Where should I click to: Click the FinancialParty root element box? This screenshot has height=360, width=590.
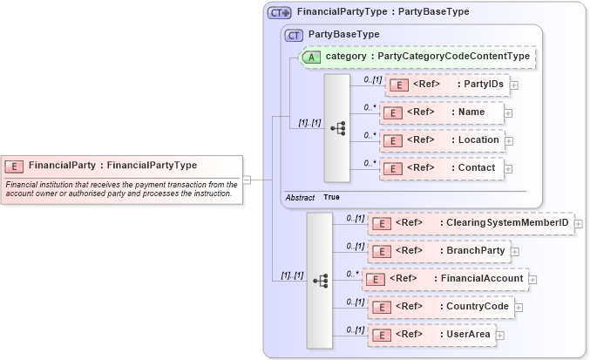pyautogui.click(x=121, y=165)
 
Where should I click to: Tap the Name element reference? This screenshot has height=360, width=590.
pyautogui.click(x=442, y=112)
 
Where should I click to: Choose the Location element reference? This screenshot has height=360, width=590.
pyautogui.click(x=442, y=139)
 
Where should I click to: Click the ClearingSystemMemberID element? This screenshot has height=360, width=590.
pyautogui.click(x=471, y=223)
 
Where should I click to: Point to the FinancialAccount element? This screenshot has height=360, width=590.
pyautogui.click(x=444, y=279)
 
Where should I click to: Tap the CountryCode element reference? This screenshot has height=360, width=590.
pyautogui.click(x=440, y=307)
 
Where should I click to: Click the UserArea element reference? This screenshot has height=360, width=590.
pyautogui.click(x=432, y=334)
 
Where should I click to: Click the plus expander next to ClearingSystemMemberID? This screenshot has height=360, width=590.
pyautogui.click(x=579, y=224)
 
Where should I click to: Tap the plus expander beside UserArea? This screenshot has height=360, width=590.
pyautogui.click(x=500, y=335)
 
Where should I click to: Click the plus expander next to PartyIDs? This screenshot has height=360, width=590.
pyautogui.click(x=514, y=85)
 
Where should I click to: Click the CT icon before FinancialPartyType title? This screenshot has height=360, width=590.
pyautogui.click(x=279, y=12)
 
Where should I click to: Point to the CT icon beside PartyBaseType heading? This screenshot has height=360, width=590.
pyautogui.click(x=295, y=35)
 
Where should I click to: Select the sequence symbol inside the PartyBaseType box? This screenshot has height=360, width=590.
pyautogui.click(x=337, y=127)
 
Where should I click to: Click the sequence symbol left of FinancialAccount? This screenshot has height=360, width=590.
pyautogui.click(x=321, y=280)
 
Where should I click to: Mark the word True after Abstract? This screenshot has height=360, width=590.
pyautogui.click(x=331, y=198)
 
